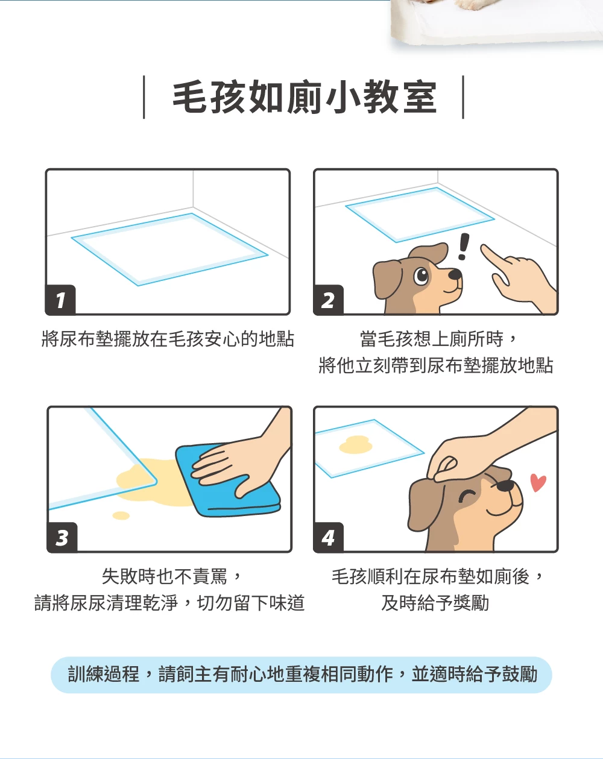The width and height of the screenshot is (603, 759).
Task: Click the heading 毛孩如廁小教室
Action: pyautogui.click(x=305, y=97)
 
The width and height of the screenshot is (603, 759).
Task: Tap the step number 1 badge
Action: pyautogui.click(x=60, y=300)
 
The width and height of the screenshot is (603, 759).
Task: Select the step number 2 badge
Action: pyautogui.click(x=328, y=300)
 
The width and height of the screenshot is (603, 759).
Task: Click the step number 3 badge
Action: pyautogui.click(x=62, y=537)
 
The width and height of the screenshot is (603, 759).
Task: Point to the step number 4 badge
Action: pyautogui.click(x=328, y=537)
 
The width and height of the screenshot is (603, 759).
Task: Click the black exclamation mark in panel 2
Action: pyautogui.click(x=463, y=247)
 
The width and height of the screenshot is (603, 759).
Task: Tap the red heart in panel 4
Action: pyautogui.click(x=538, y=482)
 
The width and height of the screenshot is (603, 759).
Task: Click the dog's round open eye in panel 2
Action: pyautogui.click(x=421, y=276)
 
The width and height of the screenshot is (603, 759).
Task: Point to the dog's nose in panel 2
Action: pyautogui.click(x=455, y=274)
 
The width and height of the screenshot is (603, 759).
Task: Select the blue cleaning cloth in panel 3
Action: pyautogui.click(x=228, y=480)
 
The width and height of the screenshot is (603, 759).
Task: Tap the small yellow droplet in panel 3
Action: pyautogui.click(x=121, y=515)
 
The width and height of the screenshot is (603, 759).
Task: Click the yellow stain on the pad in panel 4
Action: pyautogui.click(x=356, y=445)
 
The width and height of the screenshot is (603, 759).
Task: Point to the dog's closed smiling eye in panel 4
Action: pyautogui.click(x=467, y=496)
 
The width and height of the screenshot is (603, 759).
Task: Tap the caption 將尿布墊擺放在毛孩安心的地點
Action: pyautogui.click(x=168, y=339)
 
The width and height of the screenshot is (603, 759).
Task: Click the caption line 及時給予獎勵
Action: pyautogui.click(x=435, y=603)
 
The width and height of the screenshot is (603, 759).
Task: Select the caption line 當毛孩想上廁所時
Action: pyautogui.click(x=431, y=339)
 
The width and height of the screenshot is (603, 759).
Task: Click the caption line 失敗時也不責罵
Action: pyautogui.click(x=164, y=577)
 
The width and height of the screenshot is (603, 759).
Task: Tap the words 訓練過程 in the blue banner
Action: pyautogui.click(x=104, y=675)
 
